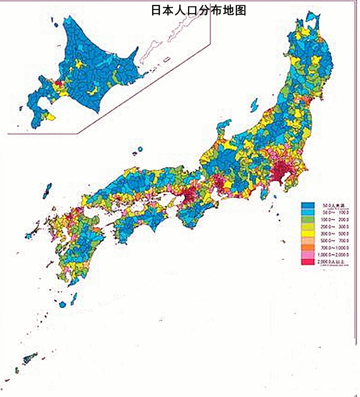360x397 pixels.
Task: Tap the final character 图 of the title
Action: pyautogui.click(x=241, y=10)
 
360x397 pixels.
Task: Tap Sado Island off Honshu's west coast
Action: pyautogui.click(x=254, y=105)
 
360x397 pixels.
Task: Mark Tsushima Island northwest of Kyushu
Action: pyautogui.click(x=47, y=191)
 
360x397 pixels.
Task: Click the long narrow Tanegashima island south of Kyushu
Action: pyautogui.click(x=74, y=299)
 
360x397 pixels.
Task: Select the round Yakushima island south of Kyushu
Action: pyautogui.click(x=62, y=304)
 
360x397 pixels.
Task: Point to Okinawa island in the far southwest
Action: pyautogui.click(x=30, y=357)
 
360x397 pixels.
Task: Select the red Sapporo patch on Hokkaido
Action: pyautogui.click(x=58, y=83)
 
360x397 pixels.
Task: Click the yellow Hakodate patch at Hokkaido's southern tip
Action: pyautogui.click(x=51, y=117)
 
